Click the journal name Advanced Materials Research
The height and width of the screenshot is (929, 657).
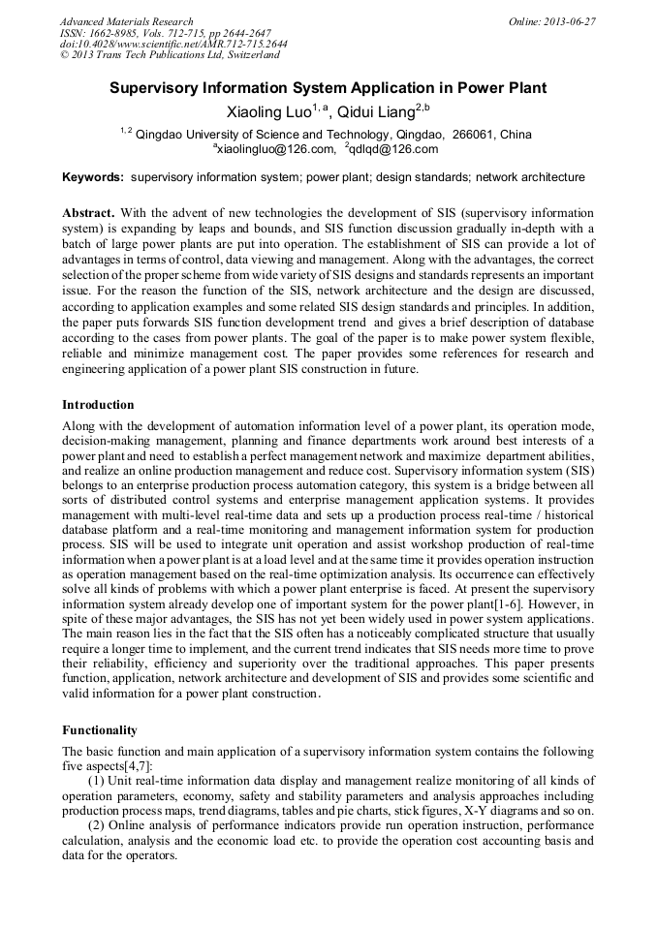[x=126, y=21]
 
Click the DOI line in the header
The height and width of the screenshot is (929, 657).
[x=172, y=45]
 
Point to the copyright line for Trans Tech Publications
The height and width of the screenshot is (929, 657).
[x=170, y=55]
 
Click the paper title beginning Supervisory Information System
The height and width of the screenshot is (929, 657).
[x=328, y=88]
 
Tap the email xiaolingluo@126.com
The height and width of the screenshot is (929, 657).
[x=276, y=149]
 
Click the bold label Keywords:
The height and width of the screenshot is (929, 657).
[x=93, y=177]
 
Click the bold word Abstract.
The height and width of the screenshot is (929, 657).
[x=89, y=211]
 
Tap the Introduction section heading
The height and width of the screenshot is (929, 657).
[x=98, y=404]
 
